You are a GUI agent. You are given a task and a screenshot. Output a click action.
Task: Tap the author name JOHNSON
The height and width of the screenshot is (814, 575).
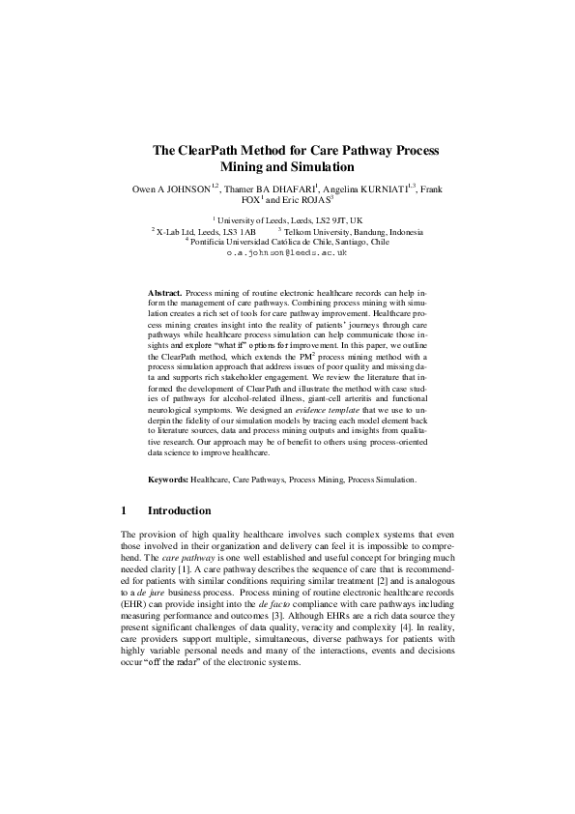coord(188,189)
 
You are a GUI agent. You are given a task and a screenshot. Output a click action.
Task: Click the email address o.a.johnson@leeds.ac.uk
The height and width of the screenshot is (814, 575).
coord(286,251)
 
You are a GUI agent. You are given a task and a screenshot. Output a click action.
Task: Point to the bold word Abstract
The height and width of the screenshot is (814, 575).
coord(164,291)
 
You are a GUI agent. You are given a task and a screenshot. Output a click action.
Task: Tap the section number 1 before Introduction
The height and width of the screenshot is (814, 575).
coord(124,510)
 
